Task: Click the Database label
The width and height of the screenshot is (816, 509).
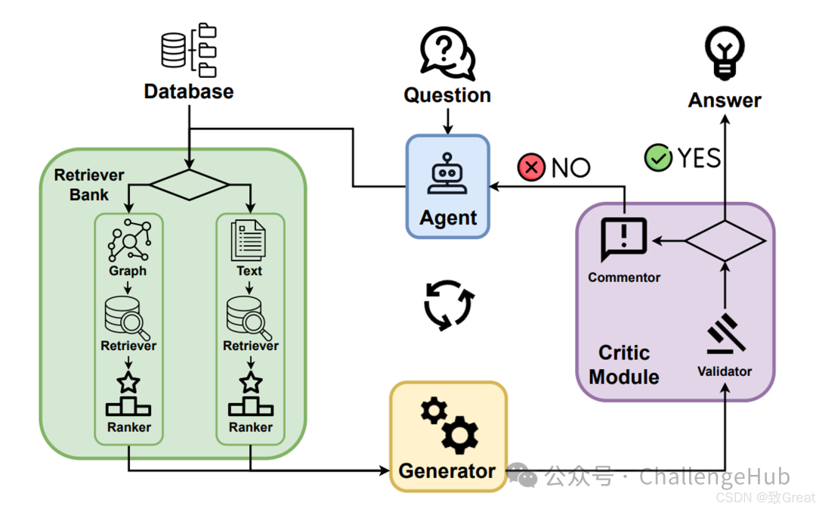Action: (x=189, y=92)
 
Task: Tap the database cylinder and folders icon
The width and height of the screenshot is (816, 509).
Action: (x=189, y=51)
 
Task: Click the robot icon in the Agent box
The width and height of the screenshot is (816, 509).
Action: (x=448, y=176)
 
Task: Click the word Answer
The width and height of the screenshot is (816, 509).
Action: (x=725, y=101)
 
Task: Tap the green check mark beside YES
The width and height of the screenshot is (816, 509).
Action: (x=658, y=158)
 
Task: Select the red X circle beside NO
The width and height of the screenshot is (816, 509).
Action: (x=531, y=167)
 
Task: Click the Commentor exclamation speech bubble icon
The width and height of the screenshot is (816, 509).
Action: (x=623, y=240)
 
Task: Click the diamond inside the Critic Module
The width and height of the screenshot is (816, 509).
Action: (x=725, y=241)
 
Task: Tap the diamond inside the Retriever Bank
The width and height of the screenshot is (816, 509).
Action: (x=189, y=184)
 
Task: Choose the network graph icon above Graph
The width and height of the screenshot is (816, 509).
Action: (x=128, y=240)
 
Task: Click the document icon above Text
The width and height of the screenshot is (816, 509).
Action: (x=249, y=240)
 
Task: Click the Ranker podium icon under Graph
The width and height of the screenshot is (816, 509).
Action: (x=128, y=396)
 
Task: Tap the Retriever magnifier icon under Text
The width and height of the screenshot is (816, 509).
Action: (x=250, y=317)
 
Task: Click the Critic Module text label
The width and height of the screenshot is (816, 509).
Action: (x=624, y=365)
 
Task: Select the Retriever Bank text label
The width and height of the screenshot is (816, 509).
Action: (x=89, y=185)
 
